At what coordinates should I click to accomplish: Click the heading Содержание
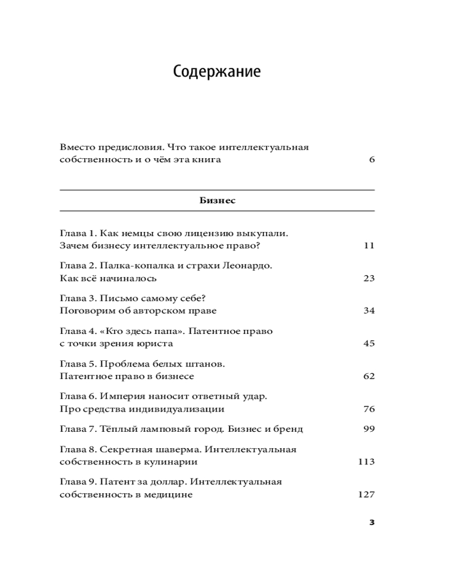(217, 72)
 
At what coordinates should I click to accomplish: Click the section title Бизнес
(217, 200)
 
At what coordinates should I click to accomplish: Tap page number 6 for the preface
(372, 160)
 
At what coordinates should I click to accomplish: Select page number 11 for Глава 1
(369, 245)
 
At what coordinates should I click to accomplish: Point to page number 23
(369, 278)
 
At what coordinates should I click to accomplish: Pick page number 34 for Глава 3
(369, 311)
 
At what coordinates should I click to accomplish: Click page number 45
(369, 343)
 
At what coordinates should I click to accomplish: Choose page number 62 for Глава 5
(369, 376)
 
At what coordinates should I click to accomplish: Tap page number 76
(369, 409)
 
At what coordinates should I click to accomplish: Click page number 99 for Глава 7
(369, 429)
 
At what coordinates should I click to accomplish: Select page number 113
(366, 462)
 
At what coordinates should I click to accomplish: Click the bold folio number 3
(372, 522)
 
